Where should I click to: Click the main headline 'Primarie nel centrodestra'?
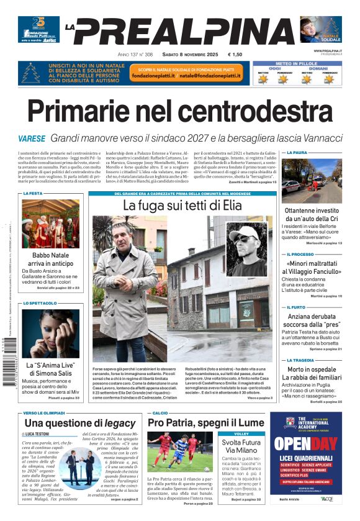point(180,112)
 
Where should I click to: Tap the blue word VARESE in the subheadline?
point(32,138)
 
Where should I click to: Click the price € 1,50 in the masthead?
point(235,55)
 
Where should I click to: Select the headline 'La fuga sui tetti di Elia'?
point(182,205)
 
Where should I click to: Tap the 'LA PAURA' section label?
point(296,152)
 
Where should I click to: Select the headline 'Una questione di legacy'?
point(76,423)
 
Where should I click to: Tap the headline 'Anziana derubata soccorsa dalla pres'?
point(314,320)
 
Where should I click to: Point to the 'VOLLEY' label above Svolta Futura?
point(241,433)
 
